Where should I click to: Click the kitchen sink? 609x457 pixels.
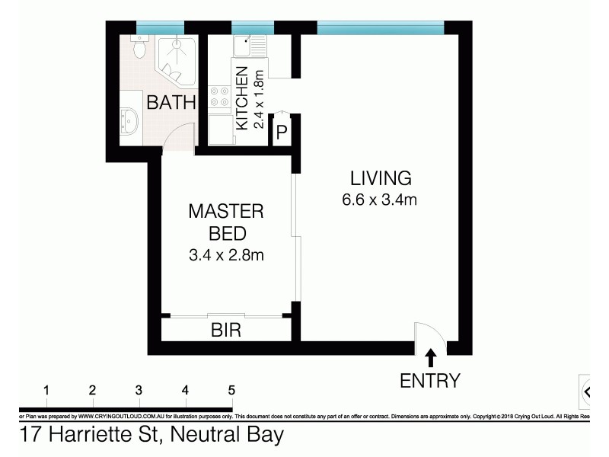pos(247,45)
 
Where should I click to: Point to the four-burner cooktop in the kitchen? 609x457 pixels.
pos(220,97)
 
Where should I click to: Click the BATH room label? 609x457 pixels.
pos(171,102)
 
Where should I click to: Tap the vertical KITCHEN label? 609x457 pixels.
pos(242,98)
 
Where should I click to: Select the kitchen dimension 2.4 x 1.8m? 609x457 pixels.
pos(258,98)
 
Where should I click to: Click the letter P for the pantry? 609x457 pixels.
pos(281,133)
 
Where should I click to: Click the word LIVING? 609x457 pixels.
pos(381,179)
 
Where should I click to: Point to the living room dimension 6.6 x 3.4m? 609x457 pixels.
pos(381,201)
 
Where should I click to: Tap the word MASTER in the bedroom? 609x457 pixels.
pos(226,211)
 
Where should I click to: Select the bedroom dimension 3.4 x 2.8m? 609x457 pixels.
pos(226,255)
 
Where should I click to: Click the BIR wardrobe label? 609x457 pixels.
pos(225,331)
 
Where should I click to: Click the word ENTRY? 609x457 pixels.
pos(430,380)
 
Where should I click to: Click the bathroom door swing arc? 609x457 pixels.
pos(174,137)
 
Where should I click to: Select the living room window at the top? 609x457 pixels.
pos(379,29)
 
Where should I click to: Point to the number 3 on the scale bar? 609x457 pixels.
pos(139,390)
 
